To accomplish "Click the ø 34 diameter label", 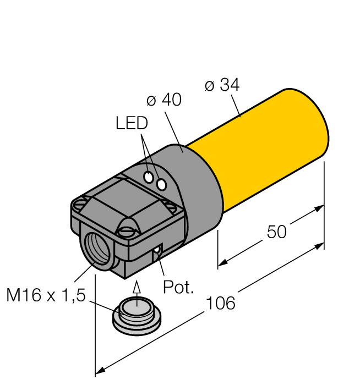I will [x=222, y=85].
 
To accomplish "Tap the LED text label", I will [x=132, y=123].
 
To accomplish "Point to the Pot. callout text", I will [x=178, y=287].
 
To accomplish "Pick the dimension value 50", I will [x=276, y=232].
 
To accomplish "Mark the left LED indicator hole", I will [x=149, y=177].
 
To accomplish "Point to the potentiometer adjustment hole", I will [x=157, y=251].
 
